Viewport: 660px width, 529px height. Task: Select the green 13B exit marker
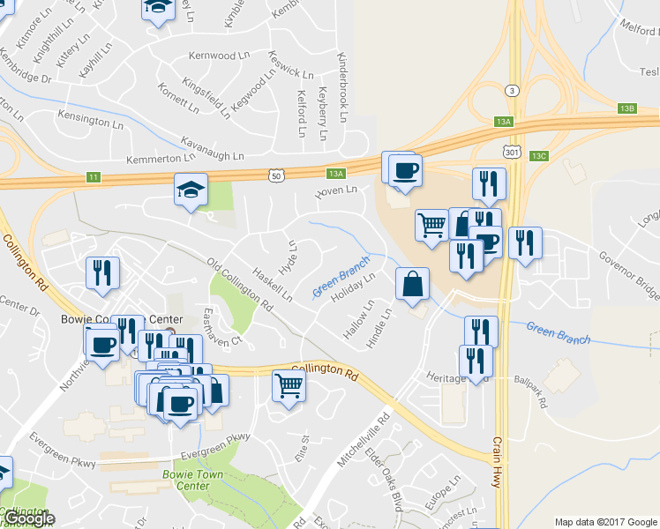tap(627, 108)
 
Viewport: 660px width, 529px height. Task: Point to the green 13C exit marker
tap(539, 155)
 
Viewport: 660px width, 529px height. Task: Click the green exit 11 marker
tap(93, 178)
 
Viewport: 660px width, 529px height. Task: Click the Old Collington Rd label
tap(239, 283)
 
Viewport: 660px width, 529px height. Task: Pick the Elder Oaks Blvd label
tap(389, 485)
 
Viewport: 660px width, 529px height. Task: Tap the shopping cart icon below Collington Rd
tap(289, 386)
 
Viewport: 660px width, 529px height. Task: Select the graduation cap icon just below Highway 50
tap(191, 190)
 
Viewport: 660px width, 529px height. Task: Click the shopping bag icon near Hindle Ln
tap(412, 285)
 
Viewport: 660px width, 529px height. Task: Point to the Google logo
tap(28, 519)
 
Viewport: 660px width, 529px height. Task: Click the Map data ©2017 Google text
tap(605, 522)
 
